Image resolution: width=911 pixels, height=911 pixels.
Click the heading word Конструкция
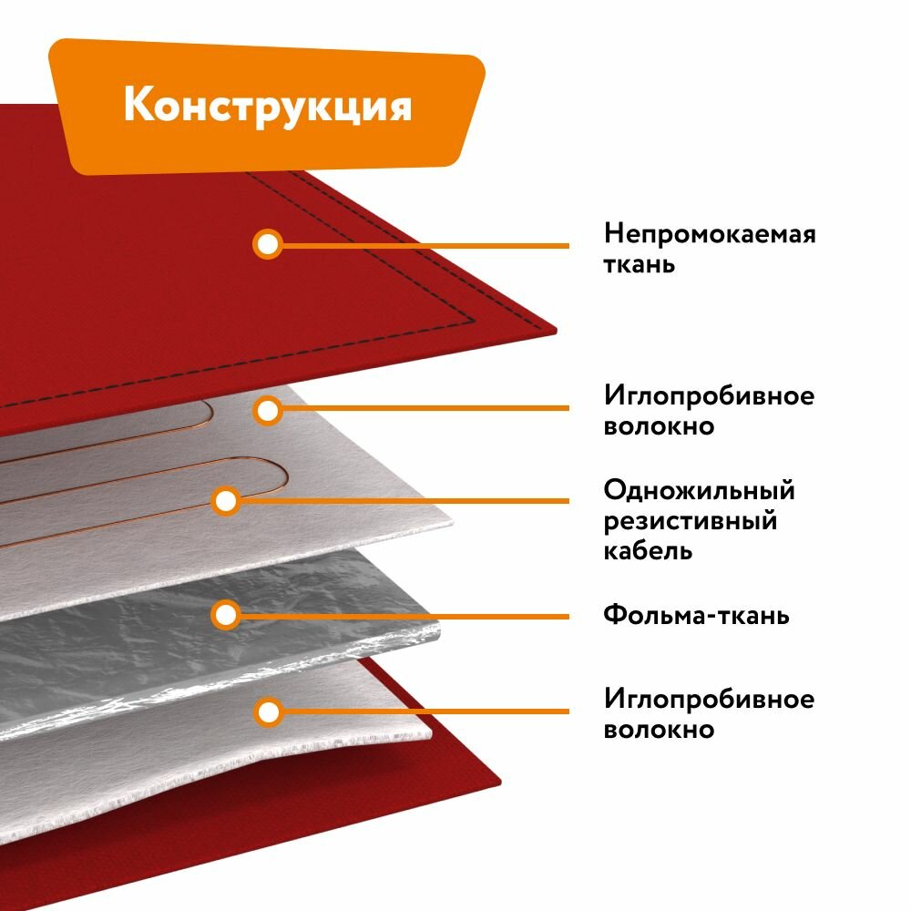tap(268, 105)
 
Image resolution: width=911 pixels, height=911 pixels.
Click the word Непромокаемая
tap(710, 234)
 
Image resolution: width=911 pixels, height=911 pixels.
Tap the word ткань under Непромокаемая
tap(640, 265)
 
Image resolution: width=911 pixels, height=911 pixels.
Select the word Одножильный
tap(699, 491)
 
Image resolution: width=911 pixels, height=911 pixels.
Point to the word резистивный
tap(690, 521)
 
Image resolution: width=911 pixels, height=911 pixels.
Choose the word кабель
tap(648, 551)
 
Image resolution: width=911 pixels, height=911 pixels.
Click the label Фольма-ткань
tap(696, 615)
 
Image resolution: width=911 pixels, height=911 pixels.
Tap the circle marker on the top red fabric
tap(267, 244)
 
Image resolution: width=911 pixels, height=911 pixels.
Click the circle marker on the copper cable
tap(226, 500)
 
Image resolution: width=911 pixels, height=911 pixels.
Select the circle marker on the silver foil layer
tap(225, 615)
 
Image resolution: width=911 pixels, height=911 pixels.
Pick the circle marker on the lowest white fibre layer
tap(267, 711)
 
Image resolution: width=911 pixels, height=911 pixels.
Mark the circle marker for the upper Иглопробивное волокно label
tap(267, 411)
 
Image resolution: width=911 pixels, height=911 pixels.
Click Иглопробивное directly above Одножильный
tap(709, 396)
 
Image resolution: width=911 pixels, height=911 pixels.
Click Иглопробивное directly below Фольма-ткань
tap(709, 700)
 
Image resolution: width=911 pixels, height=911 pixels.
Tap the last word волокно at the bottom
tap(659, 730)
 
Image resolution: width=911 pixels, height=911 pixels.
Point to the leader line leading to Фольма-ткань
tap(401, 615)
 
